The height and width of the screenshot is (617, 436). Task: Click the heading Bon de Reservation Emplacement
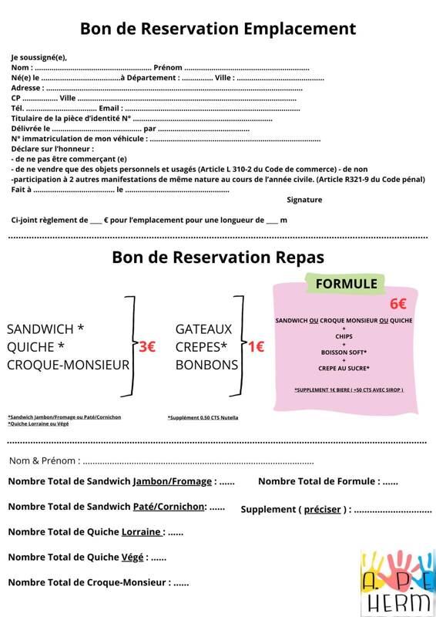pos(218,29)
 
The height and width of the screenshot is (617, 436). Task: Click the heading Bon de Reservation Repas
pos(218,257)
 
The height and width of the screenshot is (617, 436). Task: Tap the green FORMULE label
pos(347,284)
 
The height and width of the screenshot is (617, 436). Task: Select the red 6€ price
pos(398,304)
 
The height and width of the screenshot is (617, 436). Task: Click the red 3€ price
pos(146,347)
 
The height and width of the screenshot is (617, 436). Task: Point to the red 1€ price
pos(255,347)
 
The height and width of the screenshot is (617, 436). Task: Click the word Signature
pos(304,200)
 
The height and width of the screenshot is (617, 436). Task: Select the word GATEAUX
pos(203,329)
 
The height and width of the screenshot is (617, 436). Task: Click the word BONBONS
pos(206,365)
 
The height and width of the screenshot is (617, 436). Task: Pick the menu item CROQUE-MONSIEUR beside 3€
pos(69,365)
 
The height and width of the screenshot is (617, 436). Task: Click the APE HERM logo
pos(397,582)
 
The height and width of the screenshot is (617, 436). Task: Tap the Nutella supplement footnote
pos(203,417)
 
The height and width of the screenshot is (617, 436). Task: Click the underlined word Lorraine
pos(142,531)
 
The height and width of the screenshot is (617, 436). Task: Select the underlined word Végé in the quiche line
pos(132,557)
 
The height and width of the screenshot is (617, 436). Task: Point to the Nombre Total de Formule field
pos(328,481)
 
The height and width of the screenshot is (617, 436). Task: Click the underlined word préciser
pos(322,509)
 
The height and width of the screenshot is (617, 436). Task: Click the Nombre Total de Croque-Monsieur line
pos(99,582)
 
